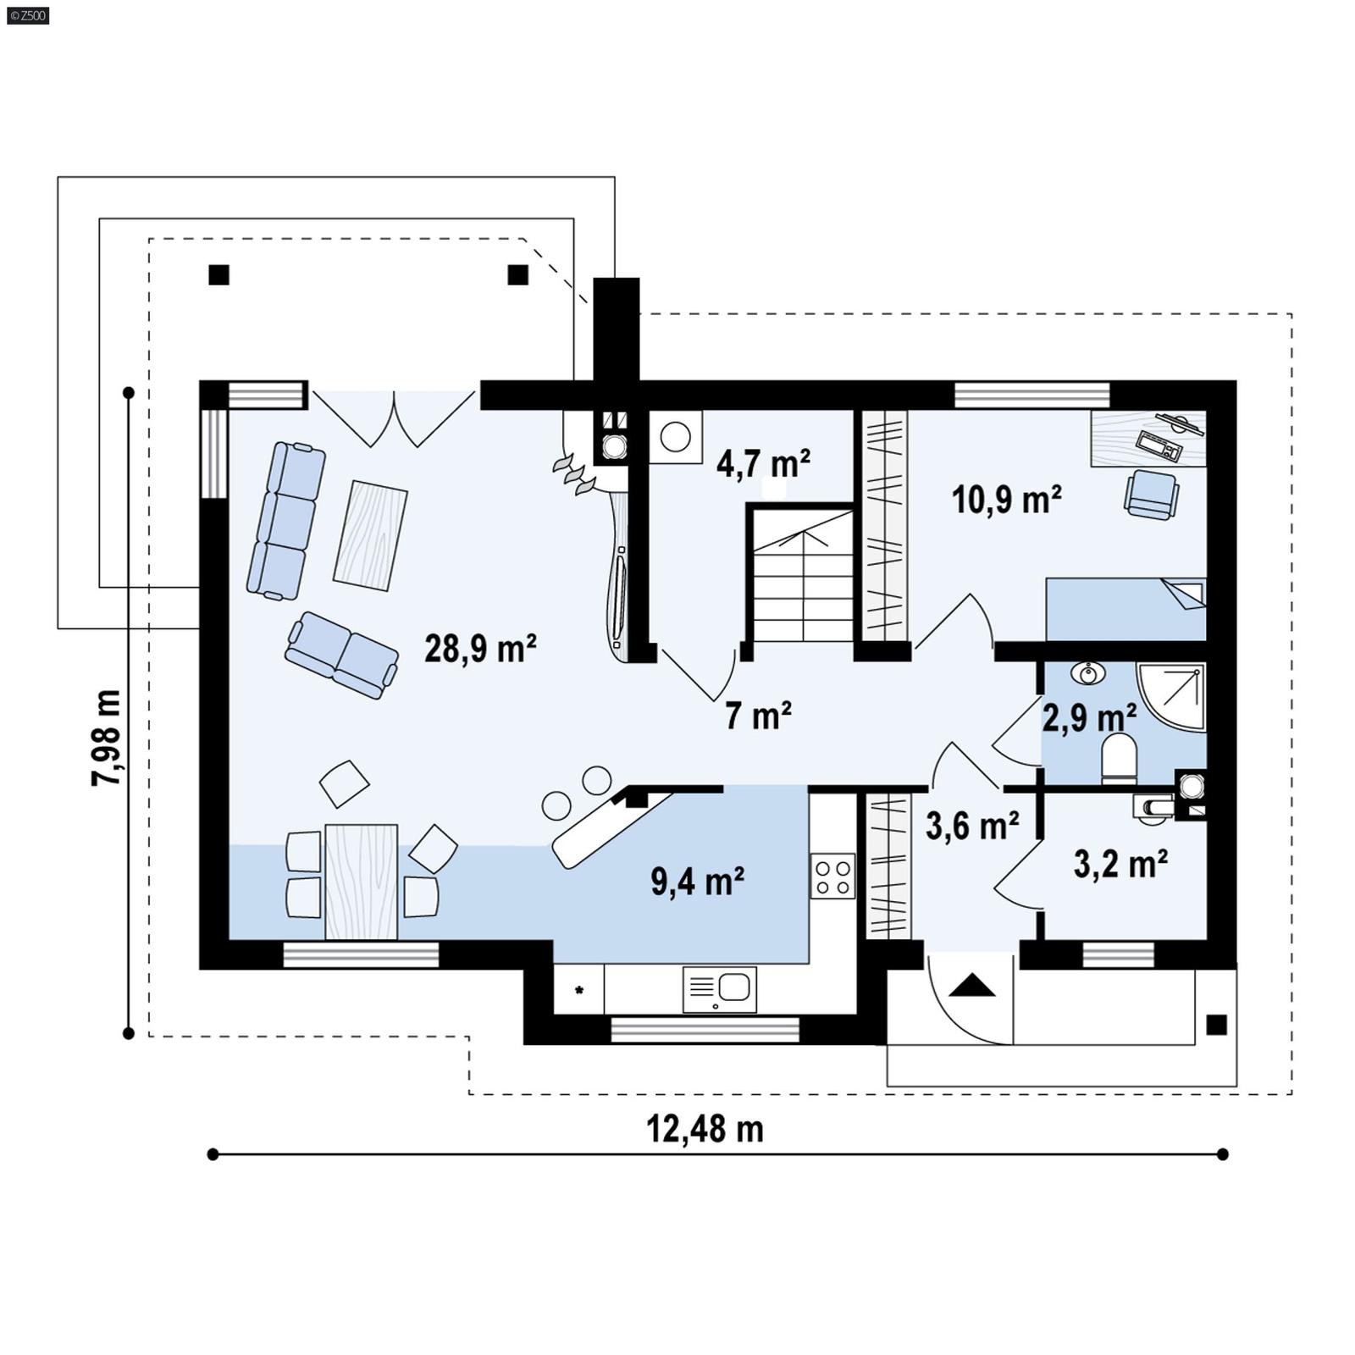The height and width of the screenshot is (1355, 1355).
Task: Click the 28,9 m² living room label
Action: (480, 650)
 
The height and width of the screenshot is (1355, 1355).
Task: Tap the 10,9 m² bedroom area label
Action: (1006, 500)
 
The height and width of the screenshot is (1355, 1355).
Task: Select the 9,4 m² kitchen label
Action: (697, 882)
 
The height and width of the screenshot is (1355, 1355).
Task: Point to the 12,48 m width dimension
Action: (705, 1129)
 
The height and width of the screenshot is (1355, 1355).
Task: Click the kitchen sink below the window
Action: (720, 988)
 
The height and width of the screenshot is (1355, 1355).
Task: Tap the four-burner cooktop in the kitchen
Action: (832, 876)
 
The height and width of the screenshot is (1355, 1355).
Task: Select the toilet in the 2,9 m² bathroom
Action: (1119, 757)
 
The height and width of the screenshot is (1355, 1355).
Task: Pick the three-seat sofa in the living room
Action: (286, 520)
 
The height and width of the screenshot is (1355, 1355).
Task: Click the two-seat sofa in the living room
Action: (342, 655)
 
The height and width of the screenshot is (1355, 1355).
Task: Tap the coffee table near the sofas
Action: (370, 534)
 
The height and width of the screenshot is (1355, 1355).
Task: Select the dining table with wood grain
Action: (362, 881)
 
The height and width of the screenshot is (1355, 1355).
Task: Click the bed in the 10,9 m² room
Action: (1125, 609)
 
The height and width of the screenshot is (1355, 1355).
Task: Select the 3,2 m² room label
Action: (1120, 865)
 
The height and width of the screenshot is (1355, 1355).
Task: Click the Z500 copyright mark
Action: (27, 14)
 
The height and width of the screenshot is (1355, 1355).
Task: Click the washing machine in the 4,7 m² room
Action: (675, 437)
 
